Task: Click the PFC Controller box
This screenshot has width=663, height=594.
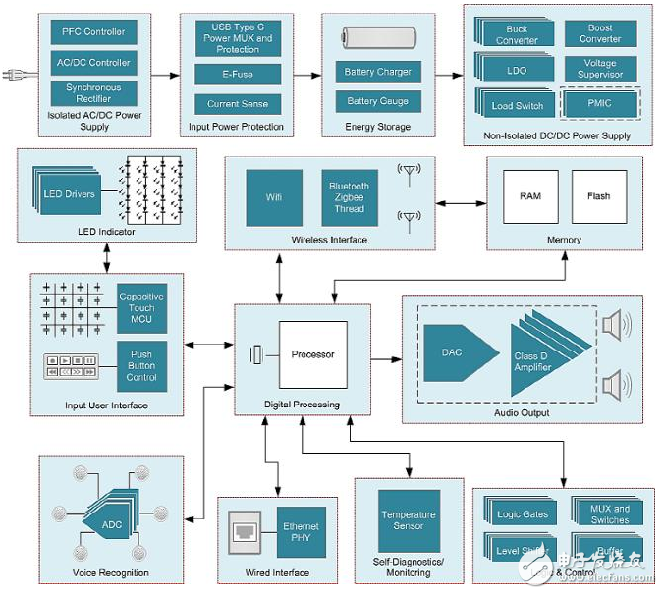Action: click(x=93, y=31)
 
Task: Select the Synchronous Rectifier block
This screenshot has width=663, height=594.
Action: click(x=93, y=93)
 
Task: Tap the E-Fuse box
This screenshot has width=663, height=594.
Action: click(x=238, y=74)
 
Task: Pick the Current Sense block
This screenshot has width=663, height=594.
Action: click(x=238, y=103)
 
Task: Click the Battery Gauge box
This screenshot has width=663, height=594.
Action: click(x=377, y=101)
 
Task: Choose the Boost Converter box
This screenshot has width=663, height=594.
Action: click(x=600, y=34)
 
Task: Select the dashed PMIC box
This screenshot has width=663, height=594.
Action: click(x=599, y=102)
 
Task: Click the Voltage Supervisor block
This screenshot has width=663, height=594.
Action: click(x=600, y=69)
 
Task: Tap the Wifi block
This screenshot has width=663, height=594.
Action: click(x=274, y=196)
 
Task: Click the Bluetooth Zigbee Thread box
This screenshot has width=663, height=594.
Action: click(x=349, y=196)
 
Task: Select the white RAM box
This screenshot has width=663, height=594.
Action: click(x=530, y=195)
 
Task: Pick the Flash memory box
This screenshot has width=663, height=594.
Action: click(x=598, y=195)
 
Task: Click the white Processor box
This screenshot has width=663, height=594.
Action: click(x=312, y=354)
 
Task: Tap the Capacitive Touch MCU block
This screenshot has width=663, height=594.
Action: click(x=141, y=310)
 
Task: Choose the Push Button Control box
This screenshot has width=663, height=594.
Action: click(x=141, y=364)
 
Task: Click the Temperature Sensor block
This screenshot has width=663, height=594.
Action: click(x=409, y=520)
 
